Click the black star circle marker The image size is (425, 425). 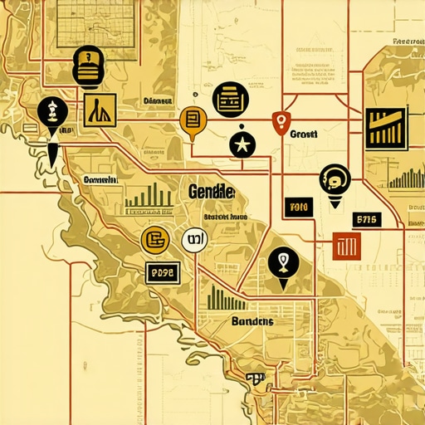242,144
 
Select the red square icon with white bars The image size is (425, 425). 345,245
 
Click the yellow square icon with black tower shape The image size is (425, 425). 100,109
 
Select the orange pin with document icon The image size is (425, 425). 192,120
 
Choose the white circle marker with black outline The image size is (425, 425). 193,242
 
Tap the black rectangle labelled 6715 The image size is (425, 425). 366,219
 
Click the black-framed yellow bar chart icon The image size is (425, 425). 388,129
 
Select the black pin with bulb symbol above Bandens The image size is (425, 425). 283,265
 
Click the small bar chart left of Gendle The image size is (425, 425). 148,197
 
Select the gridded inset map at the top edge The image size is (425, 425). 97,20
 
